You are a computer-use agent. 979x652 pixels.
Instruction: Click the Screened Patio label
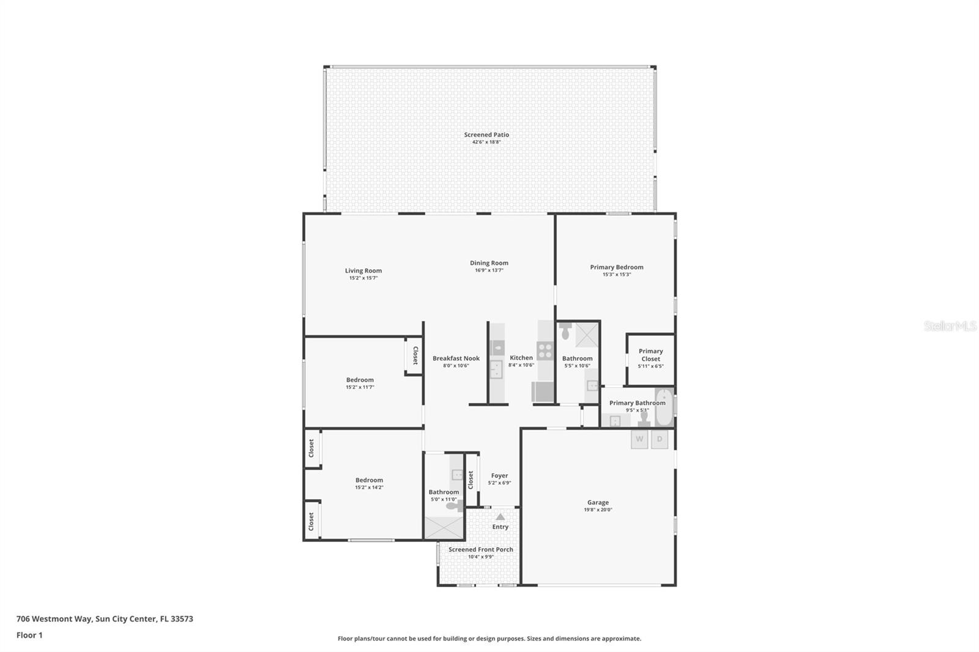click(486, 135)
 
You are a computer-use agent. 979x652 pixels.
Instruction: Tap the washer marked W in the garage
click(639, 439)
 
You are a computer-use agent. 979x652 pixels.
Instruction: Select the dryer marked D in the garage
click(660, 439)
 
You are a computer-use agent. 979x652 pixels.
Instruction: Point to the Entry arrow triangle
click(501, 517)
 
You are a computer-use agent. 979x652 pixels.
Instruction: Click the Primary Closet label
click(650, 355)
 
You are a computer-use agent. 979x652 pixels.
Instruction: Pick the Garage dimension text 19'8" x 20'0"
click(598, 509)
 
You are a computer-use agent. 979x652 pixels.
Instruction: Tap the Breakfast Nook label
click(456, 358)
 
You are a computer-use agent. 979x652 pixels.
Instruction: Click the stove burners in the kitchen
click(545, 350)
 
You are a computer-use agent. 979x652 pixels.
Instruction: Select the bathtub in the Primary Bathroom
click(664, 407)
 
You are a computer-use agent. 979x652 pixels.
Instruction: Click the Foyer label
click(499, 475)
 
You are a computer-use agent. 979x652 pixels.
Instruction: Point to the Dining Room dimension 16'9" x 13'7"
click(489, 270)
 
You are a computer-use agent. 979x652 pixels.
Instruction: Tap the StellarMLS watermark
click(950, 326)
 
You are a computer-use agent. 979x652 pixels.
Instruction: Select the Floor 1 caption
click(29, 635)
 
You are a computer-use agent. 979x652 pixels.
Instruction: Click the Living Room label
click(363, 270)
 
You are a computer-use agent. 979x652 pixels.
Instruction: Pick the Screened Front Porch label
click(480, 549)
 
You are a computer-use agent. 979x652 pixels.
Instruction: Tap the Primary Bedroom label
click(616, 267)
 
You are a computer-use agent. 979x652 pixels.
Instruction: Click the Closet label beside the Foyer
click(471, 479)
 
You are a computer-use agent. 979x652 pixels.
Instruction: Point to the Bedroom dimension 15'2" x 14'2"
click(369, 487)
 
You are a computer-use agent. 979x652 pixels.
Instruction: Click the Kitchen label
click(521, 358)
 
